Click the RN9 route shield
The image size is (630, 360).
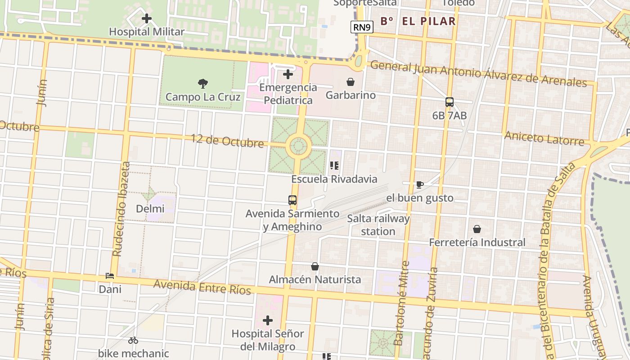click(362, 27)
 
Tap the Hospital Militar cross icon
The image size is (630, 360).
click(147, 19)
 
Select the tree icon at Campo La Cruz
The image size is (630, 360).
click(203, 83)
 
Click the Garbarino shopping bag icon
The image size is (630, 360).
click(350, 82)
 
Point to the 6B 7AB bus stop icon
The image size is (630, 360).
click(449, 102)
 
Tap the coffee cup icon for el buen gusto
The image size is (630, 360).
click(419, 184)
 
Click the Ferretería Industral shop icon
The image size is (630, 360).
click(477, 229)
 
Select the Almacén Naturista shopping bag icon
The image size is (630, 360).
click(315, 267)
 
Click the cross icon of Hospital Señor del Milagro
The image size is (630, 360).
click(268, 320)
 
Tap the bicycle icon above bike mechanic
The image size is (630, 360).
click(133, 341)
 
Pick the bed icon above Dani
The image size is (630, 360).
click(110, 276)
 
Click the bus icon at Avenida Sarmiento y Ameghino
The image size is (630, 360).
click(292, 200)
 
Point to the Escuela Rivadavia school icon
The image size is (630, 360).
click(334, 166)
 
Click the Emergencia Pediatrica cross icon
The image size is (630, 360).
click(288, 74)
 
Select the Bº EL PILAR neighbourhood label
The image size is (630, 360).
click(418, 21)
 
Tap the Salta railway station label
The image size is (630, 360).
click(378, 225)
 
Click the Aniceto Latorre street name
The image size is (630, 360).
click(544, 138)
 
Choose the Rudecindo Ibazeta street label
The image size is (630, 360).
click(121, 209)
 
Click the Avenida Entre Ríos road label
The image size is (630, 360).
click(202, 287)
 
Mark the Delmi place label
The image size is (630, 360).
click(150, 209)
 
